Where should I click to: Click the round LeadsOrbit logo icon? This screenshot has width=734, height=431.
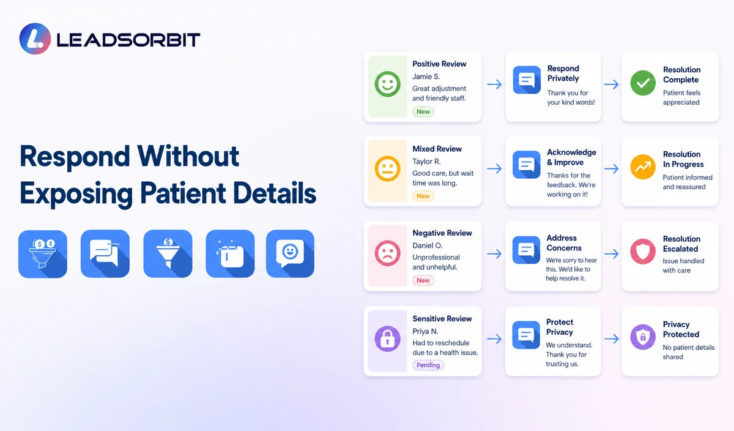pyautogui.click(x=35, y=39)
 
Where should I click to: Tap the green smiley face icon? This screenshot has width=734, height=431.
pyautogui.click(x=387, y=84)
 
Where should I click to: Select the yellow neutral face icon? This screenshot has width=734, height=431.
pyautogui.click(x=387, y=168)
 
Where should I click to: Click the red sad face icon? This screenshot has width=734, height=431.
pyautogui.click(x=387, y=253)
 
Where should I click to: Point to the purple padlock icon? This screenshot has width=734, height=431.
pyautogui.click(x=387, y=339)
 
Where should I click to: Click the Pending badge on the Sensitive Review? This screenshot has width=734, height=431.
pyautogui.click(x=428, y=365)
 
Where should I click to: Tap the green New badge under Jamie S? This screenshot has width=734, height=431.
pyautogui.click(x=423, y=111)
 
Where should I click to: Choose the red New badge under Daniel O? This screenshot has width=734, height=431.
pyautogui.click(x=423, y=280)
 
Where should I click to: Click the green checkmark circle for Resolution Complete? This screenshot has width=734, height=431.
pyautogui.click(x=643, y=83)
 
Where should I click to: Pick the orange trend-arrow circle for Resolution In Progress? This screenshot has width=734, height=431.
pyautogui.click(x=643, y=167)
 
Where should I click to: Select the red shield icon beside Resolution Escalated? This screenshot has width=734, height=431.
pyautogui.click(x=643, y=252)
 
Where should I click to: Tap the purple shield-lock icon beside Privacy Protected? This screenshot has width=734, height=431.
pyautogui.click(x=643, y=337)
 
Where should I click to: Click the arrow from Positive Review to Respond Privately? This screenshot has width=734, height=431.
pyautogui.click(x=494, y=84)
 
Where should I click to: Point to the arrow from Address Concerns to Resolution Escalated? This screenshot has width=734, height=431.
pyautogui.click(x=612, y=253)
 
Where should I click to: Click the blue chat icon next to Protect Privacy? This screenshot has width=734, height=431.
pyautogui.click(x=526, y=335)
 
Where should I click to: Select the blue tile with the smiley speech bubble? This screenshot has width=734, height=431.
pyautogui.click(x=290, y=253)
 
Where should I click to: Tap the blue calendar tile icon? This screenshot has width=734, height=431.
pyautogui.click(x=230, y=253)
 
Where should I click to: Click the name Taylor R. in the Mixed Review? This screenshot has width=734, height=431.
pyautogui.click(x=426, y=162)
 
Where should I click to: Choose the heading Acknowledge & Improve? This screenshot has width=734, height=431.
pyautogui.click(x=571, y=157)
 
